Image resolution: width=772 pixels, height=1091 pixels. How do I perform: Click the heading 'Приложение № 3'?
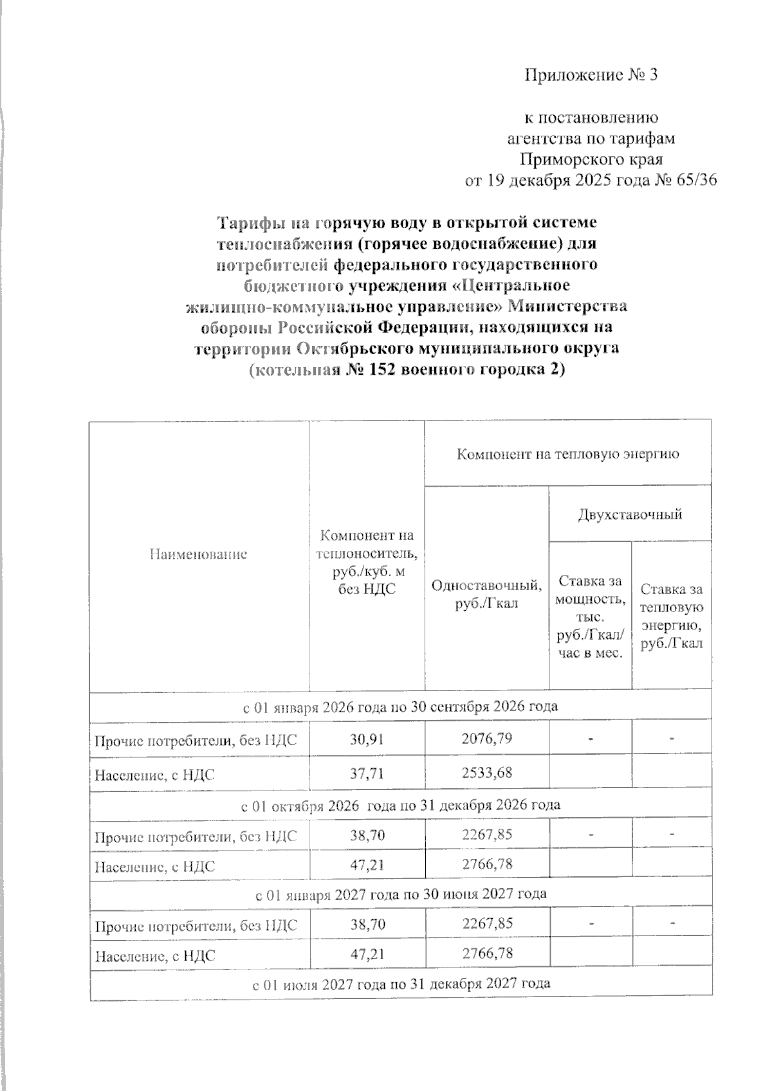coord(591,76)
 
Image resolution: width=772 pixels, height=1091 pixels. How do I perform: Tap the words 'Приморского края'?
coord(591,159)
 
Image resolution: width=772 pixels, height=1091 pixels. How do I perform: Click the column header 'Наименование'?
coord(198,554)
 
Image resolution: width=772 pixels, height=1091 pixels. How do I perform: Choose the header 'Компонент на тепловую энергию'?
coord(567,455)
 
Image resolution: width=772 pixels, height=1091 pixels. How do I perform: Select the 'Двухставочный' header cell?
coord(630,514)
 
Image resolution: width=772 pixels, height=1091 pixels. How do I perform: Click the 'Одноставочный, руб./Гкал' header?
coord(486,595)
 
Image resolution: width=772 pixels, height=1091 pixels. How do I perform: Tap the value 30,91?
coord(366,739)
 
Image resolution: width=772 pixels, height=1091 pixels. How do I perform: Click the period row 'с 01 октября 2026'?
coord(400,805)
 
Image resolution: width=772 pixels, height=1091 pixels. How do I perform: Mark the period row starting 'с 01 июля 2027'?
coord(400,984)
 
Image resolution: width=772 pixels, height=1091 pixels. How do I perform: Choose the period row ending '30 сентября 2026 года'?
coord(400,706)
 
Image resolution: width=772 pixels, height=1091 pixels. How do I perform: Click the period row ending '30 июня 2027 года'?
coord(400,894)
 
